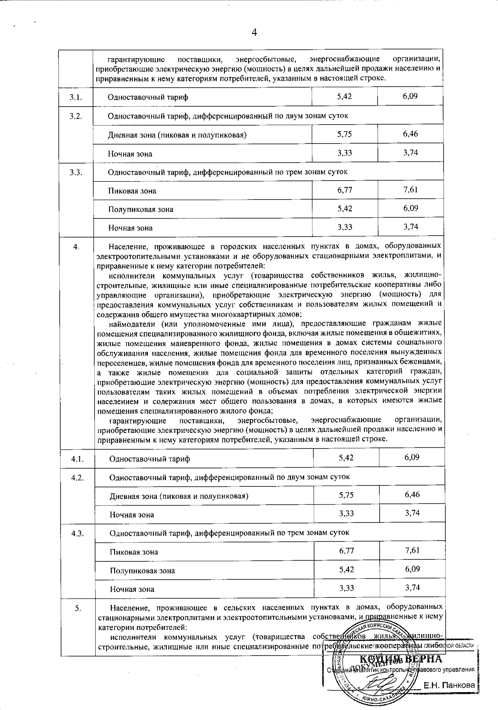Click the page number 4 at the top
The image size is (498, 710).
click(254, 33)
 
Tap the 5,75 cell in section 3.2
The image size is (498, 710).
click(344, 134)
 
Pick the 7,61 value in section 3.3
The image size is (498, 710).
click(410, 190)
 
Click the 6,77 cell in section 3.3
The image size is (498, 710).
click(344, 190)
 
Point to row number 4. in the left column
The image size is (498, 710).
click(76, 247)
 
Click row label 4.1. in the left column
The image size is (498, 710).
click(78, 459)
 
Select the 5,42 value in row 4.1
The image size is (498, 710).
click(346, 457)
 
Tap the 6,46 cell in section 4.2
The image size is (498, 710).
click(412, 494)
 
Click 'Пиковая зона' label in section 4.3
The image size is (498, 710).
click(134, 552)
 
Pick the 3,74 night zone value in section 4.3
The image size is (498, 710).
click(412, 587)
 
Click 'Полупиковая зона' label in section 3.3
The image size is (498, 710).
click(141, 209)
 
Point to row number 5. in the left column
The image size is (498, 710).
click(78, 608)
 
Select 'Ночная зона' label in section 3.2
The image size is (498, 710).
click(130, 154)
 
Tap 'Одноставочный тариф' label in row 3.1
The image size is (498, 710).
click(148, 97)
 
